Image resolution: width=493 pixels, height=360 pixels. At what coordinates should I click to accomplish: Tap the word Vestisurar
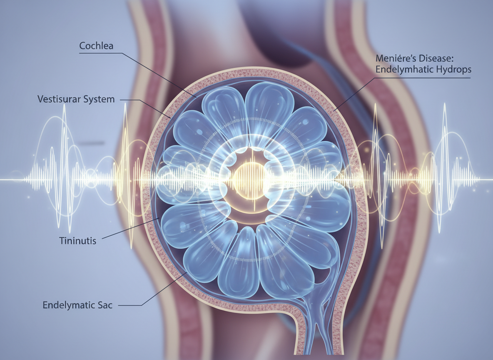click(x=56, y=100)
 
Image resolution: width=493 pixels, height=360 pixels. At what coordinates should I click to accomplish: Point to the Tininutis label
click(x=78, y=240)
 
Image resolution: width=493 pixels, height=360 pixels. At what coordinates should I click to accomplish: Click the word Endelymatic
click(x=68, y=305)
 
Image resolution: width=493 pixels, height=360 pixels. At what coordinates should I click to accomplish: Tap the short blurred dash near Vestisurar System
click(x=92, y=144)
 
